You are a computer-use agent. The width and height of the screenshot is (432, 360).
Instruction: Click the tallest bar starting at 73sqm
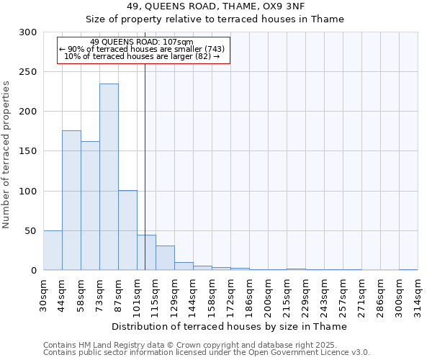[109, 177]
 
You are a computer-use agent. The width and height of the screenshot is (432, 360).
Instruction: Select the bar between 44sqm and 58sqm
[71, 200]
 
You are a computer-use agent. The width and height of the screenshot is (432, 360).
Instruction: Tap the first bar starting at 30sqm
[53, 251]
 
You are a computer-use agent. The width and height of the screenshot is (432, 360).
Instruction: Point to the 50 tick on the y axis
[32, 231]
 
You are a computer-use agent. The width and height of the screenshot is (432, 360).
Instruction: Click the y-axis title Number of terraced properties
[6, 154]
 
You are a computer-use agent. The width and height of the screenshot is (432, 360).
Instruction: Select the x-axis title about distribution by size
[230, 326]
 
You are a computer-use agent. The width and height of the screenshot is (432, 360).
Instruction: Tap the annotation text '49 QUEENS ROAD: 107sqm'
[142, 42]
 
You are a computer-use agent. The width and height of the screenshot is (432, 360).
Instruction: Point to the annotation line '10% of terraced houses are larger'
[142, 56]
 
